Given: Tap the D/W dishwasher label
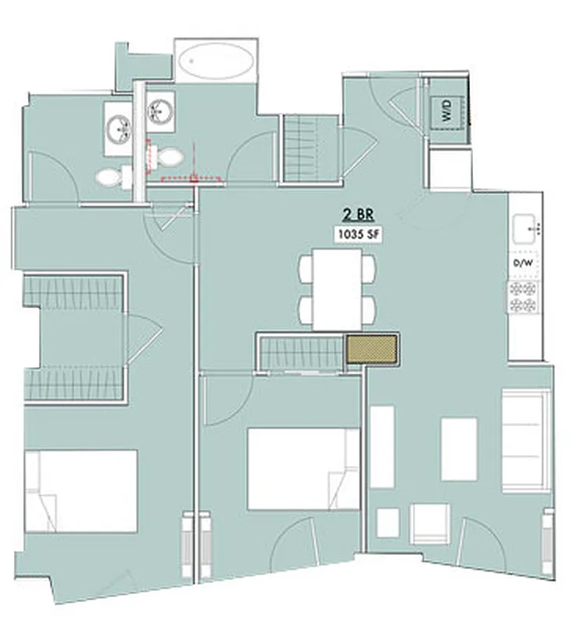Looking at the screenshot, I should [x=523, y=264].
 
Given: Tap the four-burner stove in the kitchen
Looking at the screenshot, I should [x=524, y=295].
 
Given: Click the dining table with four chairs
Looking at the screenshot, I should [x=337, y=288].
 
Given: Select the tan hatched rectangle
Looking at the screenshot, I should [x=373, y=350].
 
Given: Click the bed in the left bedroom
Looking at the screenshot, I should [x=81, y=491].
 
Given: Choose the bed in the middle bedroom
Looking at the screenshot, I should [x=303, y=469].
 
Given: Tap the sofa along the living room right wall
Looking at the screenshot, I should [x=525, y=441].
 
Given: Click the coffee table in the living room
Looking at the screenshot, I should [x=459, y=449].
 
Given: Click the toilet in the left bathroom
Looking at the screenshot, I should [x=112, y=177].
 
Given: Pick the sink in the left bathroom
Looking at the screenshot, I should [x=120, y=124].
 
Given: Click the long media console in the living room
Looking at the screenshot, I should [x=381, y=446].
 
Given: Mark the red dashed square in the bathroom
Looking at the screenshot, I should [x=194, y=178].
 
